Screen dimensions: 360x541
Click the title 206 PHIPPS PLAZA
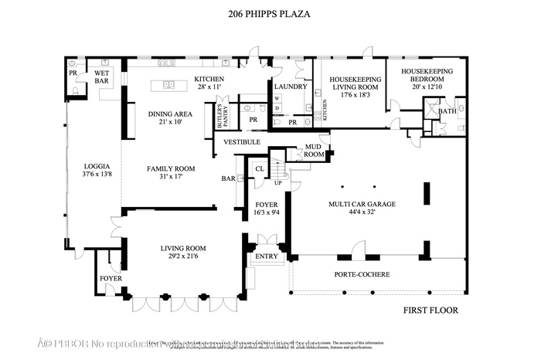coord(270,13)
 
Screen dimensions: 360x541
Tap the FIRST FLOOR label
coord(431,311)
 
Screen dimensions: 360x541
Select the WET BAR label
coord(101,76)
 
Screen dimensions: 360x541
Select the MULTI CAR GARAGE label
coord(362,204)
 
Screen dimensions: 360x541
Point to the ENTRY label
coord(266,256)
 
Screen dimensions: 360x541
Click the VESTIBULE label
coord(242,142)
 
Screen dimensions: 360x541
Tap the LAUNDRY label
coord(290,87)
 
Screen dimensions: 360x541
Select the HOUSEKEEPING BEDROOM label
coord(426,76)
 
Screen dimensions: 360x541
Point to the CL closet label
coord(260,168)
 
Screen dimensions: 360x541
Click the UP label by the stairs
coord(277,183)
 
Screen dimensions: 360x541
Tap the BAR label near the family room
coord(228,178)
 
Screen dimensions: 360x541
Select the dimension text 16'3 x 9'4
coord(266,213)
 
